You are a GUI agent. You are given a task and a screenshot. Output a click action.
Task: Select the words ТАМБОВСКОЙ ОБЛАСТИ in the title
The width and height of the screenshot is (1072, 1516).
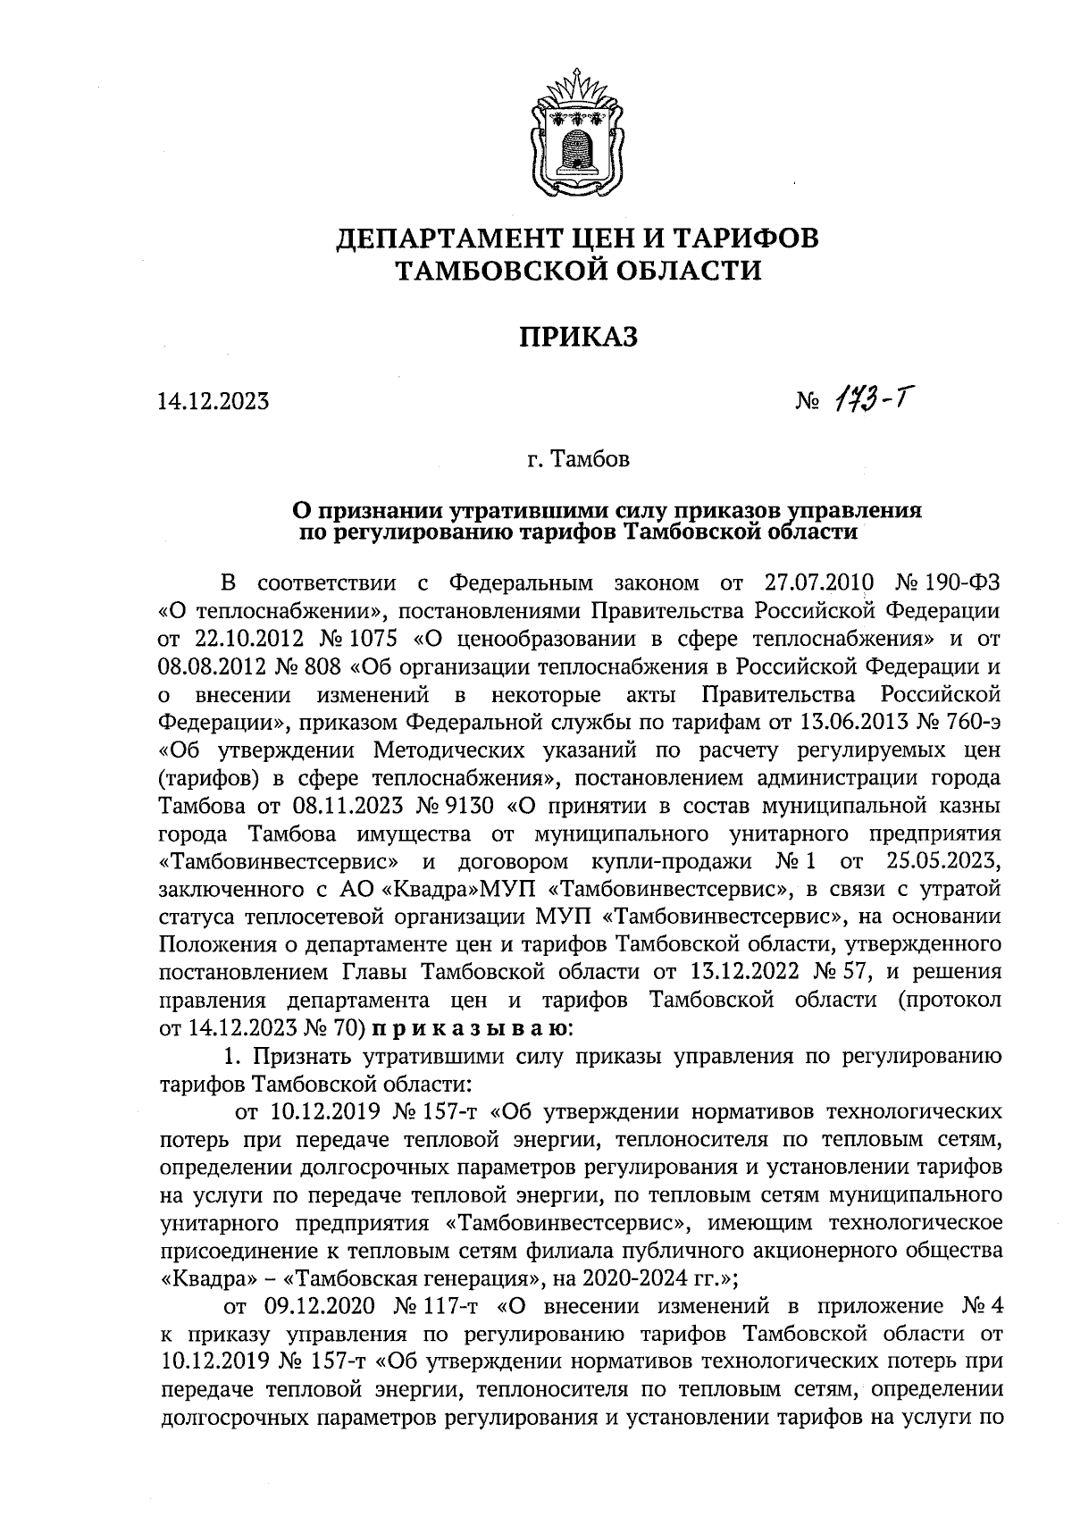tap(578, 269)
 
